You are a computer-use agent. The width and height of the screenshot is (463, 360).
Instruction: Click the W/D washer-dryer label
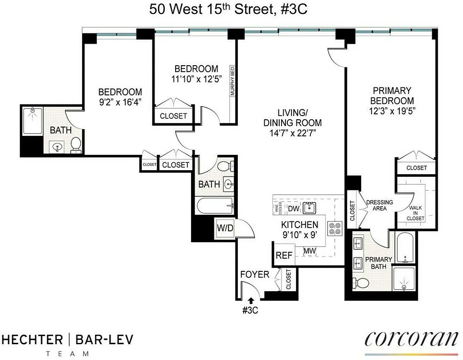[225, 228]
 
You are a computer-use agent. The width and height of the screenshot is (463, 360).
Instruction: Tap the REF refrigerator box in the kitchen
[284, 256]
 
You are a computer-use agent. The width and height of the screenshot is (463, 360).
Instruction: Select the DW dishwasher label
[293, 208]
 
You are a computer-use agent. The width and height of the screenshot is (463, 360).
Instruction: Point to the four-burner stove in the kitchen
[336, 228]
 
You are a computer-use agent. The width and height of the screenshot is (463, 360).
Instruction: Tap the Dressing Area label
[379, 205]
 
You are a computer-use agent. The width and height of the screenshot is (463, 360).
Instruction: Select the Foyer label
[254, 274]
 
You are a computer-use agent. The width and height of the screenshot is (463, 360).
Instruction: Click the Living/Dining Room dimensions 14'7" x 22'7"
[293, 133]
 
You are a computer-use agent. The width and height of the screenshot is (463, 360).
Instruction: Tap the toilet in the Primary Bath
[361, 283]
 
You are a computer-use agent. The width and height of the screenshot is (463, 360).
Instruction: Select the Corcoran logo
[412, 338]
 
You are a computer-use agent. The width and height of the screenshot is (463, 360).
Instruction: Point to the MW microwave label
[309, 251]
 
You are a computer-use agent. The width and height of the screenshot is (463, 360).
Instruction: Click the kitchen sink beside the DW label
[309, 207]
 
